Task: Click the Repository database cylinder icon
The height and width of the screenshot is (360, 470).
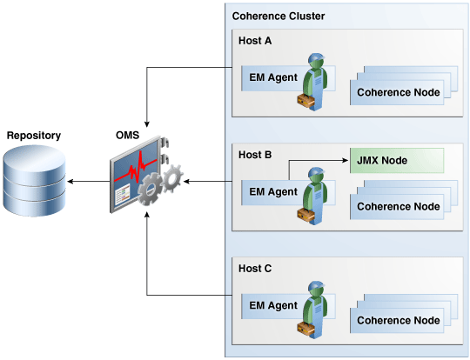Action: click(34, 181)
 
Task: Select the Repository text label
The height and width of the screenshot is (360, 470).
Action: click(34, 136)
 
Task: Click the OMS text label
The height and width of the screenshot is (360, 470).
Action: click(127, 136)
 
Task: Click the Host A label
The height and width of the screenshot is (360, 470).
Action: click(255, 40)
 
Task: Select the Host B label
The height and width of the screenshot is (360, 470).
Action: click(255, 154)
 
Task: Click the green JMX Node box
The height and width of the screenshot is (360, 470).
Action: click(395, 160)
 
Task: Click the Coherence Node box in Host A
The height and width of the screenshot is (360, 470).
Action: click(398, 91)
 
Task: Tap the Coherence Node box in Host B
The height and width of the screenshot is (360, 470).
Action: click(398, 206)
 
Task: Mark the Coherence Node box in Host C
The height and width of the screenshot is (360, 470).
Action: click(398, 320)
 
